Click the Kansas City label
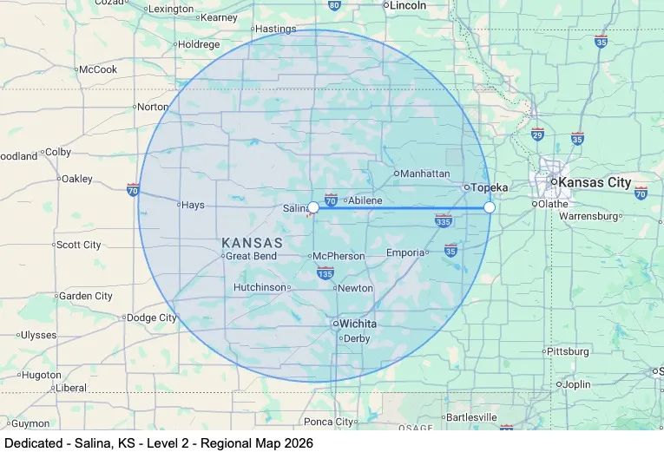pyautogui.click(x=595, y=182)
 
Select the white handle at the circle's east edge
pyautogui.click(x=490, y=207)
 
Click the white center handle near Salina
pyautogui.click(x=313, y=207)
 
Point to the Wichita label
pyautogui.click(x=357, y=324)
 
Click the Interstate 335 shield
pyautogui.click(x=444, y=221)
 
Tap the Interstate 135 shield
pyautogui.click(x=325, y=274)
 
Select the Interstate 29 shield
pyautogui.click(x=537, y=134)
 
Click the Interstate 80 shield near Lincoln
pyautogui.click(x=334, y=5)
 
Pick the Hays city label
pyautogui.click(x=192, y=206)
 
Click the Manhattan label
pyautogui.click(x=424, y=174)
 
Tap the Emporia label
pyautogui.click(x=406, y=253)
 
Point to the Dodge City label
pyautogui.click(x=152, y=318)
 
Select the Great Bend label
pyautogui.click(x=252, y=256)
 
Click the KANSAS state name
pyautogui.click(x=252, y=242)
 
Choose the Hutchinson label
pyautogui.click(x=260, y=287)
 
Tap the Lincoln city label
pyautogui.click(x=409, y=5)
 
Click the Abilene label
pyautogui.click(x=365, y=200)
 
